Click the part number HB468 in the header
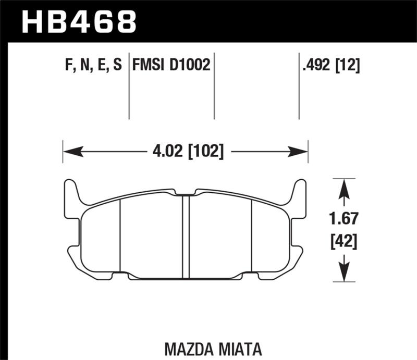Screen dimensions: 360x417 [78, 22]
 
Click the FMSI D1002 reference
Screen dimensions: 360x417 [171, 65]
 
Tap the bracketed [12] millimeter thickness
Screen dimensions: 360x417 [347, 65]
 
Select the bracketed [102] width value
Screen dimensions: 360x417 [204, 152]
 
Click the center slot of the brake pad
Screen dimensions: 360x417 [185, 234]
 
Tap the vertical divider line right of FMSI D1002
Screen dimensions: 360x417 [214, 86]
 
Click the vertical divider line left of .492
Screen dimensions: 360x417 [299, 86]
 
